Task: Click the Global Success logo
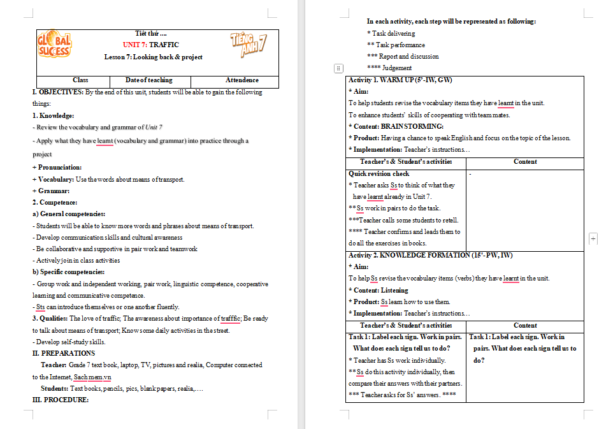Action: [55, 44]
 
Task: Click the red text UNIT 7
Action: [135, 45]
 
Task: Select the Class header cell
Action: [80, 80]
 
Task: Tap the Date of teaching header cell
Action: [149, 80]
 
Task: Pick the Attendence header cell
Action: [242, 80]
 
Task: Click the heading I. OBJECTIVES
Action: [58, 92]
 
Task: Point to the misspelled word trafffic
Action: [230, 318]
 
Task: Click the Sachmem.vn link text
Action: [92, 377]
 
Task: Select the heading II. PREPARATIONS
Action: [64, 353]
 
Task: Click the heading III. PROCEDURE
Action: [61, 400]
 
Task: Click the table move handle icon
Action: [338, 68]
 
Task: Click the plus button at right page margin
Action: [593, 238]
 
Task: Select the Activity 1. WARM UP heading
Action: [400, 80]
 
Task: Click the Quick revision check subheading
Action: [379, 173]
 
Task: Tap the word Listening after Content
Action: [394, 290]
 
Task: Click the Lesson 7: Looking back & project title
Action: [154, 57]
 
